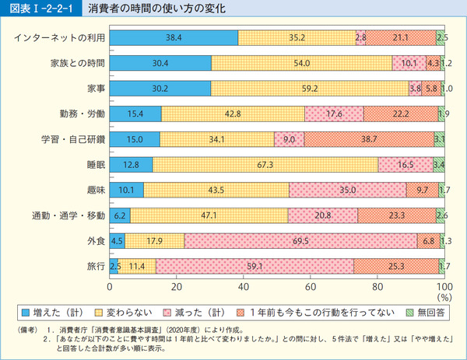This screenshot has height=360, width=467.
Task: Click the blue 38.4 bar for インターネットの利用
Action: pyautogui.click(x=174, y=37)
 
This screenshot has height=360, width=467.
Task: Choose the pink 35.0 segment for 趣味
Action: pyautogui.click(x=347, y=190)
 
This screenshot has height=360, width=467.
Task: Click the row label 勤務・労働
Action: pyautogui.click(x=80, y=114)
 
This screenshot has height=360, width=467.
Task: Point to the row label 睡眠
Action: pyautogui.click(x=95, y=164)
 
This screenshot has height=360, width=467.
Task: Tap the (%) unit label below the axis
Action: pyautogui.click(x=444, y=297)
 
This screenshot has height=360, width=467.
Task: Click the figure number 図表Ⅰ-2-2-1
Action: pyautogui.click(x=39, y=10)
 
